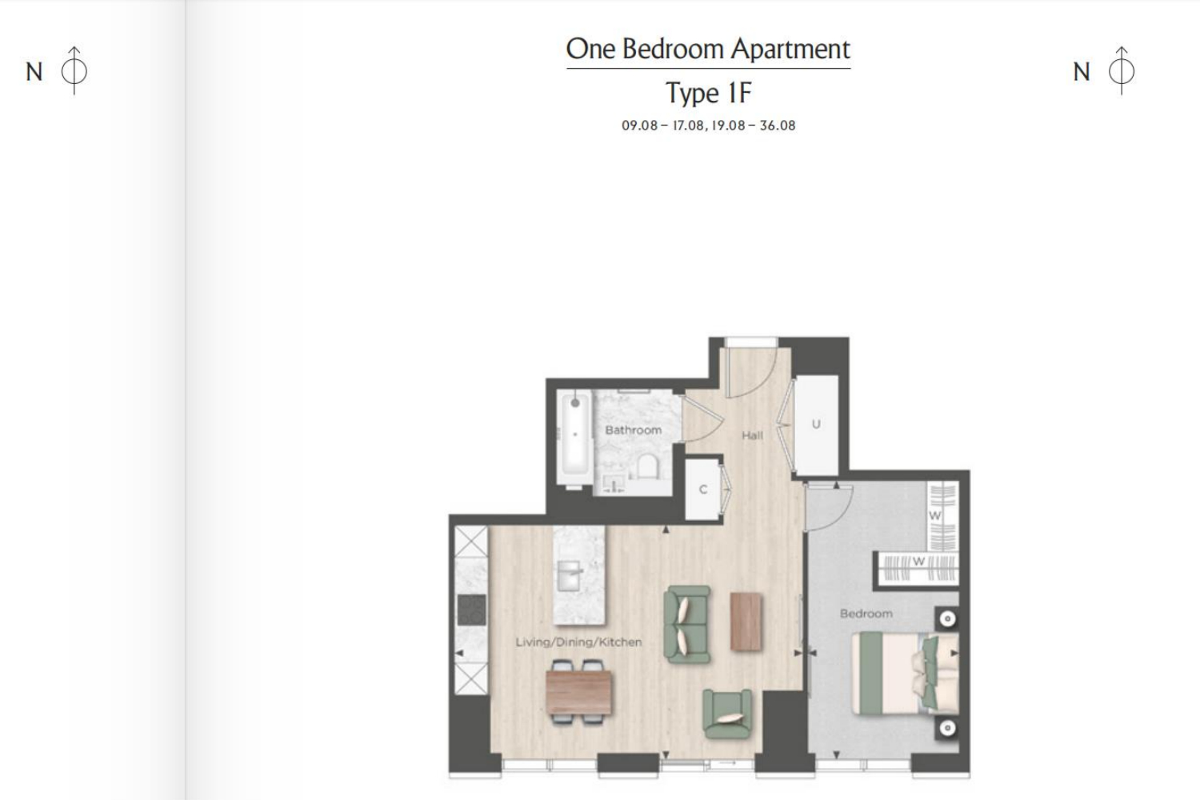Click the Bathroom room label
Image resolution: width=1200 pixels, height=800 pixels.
pos(634,430)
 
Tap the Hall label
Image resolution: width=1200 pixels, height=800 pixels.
pos(752,436)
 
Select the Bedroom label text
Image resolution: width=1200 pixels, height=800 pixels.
pos(866,614)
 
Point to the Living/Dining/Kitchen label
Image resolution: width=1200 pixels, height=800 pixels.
pos(578,642)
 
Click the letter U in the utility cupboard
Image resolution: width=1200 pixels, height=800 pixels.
pos(816,424)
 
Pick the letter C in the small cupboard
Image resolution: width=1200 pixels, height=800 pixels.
pos(703,490)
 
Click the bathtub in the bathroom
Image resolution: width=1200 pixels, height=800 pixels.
pos(575,439)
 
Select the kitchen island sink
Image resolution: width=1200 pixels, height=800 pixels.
pos(569,575)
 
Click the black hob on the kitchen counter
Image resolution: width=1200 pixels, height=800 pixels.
pos(471,610)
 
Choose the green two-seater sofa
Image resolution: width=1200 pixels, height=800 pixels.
pos(687,624)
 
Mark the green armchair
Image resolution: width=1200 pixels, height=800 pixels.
pos(727,714)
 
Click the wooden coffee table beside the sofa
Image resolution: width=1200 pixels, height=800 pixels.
pos(746,622)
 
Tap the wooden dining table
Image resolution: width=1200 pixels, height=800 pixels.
pos(578,692)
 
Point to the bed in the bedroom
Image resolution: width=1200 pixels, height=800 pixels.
pos(905,673)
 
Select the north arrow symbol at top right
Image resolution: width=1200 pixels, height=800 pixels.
pos(1122,70)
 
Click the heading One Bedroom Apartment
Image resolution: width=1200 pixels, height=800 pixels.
pos(708,50)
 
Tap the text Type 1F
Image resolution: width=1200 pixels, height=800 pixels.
pos(708,94)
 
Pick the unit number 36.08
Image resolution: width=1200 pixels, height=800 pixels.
pos(778,126)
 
